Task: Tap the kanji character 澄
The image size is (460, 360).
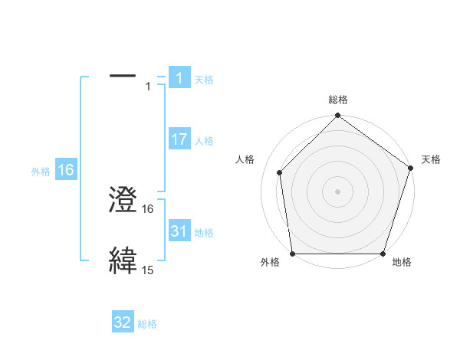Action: (x=123, y=200)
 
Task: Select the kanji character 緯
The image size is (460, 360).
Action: (x=123, y=260)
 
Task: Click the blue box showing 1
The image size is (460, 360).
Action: (x=179, y=77)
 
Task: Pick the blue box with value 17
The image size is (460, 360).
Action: (x=179, y=139)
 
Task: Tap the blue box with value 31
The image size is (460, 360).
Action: (x=179, y=231)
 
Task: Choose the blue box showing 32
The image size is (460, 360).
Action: (x=123, y=322)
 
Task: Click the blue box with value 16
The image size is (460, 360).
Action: (x=65, y=170)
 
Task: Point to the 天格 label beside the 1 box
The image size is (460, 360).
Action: (x=204, y=79)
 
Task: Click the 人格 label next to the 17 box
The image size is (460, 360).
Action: (x=204, y=141)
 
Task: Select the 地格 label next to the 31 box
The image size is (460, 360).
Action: (x=204, y=233)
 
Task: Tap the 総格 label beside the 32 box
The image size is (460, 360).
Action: (x=147, y=324)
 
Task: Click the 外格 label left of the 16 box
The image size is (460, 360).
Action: (x=41, y=172)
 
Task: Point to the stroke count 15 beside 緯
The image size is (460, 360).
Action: (x=148, y=270)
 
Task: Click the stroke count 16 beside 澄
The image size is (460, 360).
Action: (x=148, y=208)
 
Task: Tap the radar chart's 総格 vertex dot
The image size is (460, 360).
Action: (x=337, y=116)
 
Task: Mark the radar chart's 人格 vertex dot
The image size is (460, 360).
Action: (x=279, y=172)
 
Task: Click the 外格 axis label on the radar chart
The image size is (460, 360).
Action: (x=270, y=263)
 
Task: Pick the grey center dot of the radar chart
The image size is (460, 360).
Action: (x=337, y=191)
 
